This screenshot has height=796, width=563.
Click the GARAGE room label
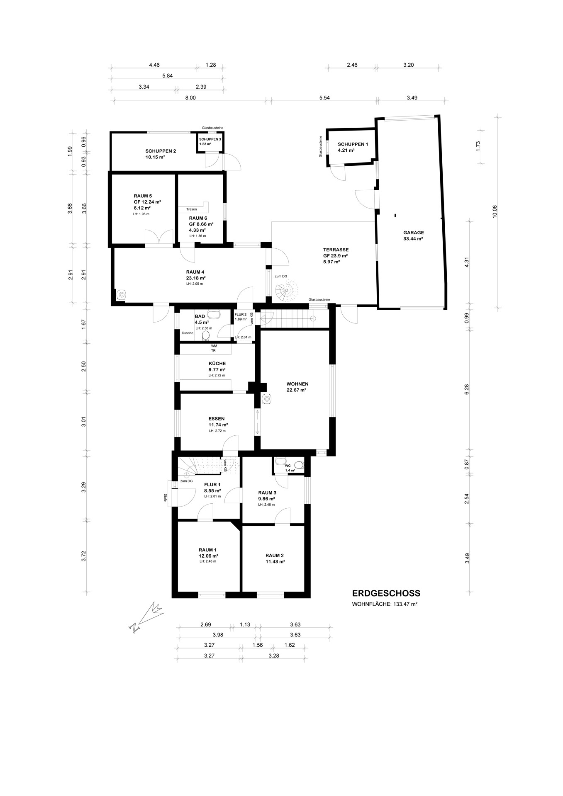coord(413,233)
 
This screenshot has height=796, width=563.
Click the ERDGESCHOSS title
coord(386,594)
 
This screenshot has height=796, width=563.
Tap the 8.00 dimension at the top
coord(190,98)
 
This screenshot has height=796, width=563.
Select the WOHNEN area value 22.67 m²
coord(296,390)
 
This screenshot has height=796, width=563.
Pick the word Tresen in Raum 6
coord(191,209)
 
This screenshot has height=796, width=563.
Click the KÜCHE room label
coord(217,364)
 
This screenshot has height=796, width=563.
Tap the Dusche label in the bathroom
coord(188,333)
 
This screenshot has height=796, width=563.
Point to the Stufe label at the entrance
coord(165,498)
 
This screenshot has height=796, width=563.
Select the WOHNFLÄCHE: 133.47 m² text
coord(384,604)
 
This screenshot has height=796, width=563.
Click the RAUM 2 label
coord(275,556)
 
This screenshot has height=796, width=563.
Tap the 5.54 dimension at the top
coord(325,98)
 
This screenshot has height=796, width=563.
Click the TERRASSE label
coord(336,250)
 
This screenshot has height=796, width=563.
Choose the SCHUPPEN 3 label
coord(210,139)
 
